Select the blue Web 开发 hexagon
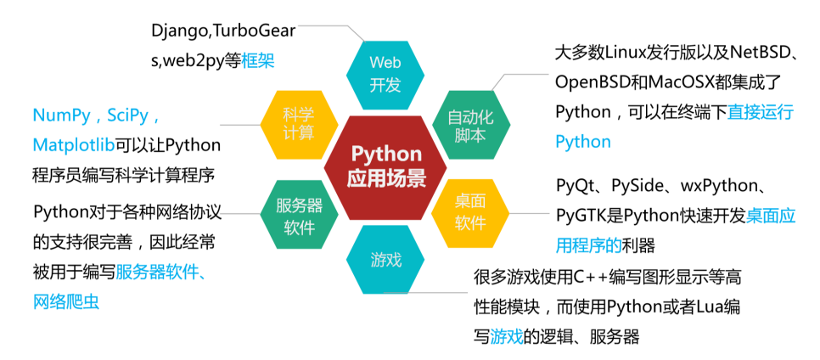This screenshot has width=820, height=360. [x=385, y=74]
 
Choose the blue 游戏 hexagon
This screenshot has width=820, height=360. [x=385, y=260]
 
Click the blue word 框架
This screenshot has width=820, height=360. [x=258, y=61]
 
